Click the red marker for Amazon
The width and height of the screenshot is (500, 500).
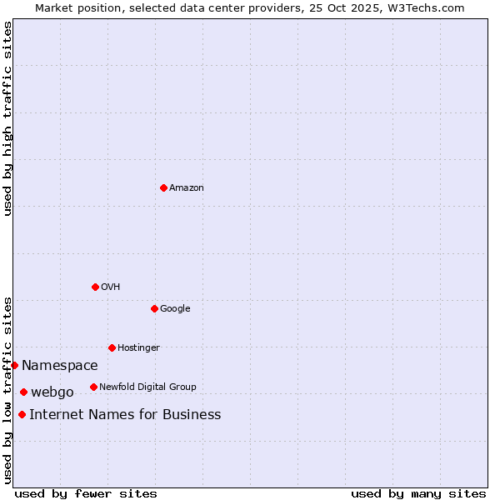[163, 187]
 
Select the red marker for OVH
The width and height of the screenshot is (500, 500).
[95, 287]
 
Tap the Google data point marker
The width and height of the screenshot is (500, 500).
[154, 308]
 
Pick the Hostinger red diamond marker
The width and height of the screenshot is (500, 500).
[112, 347]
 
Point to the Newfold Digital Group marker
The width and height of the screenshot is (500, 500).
[93, 387]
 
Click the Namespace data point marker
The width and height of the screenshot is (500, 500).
[14, 365]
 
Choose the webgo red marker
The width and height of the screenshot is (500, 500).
[23, 392]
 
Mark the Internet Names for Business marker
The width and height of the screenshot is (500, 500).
[22, 414]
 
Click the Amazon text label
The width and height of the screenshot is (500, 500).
[187, 187]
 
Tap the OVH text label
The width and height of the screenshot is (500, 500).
[111, 287]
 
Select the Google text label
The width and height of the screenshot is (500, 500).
[175, 308]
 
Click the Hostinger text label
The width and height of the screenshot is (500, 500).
[138, 347]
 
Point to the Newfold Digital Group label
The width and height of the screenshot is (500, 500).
[147, 387]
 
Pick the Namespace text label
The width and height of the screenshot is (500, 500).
[60, 365]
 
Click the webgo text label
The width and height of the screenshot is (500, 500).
[52, 392]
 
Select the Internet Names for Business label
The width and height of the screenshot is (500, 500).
[125, 414]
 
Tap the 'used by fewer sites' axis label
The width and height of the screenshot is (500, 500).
[86, 493]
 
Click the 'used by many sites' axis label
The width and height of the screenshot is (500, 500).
[418, 493]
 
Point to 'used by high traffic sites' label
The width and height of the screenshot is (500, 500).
[7, 119]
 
